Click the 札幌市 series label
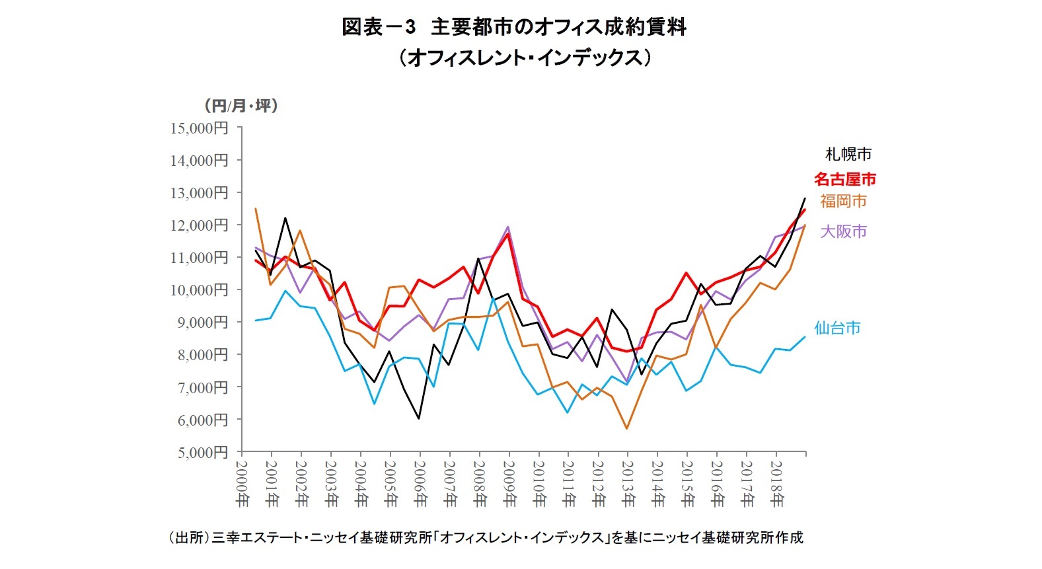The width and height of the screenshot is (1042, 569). (848, 155)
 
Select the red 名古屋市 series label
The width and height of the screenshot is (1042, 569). (844, 179)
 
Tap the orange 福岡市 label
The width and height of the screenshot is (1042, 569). (843, 201)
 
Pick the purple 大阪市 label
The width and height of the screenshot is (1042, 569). (843, 231)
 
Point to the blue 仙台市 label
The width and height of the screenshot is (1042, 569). (837, 328)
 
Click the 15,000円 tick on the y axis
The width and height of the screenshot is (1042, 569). (199, 128)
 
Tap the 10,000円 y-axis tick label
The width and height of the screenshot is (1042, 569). (199, 290)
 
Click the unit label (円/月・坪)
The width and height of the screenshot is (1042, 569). (241, 106)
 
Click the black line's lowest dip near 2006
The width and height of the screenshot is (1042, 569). (419, 418)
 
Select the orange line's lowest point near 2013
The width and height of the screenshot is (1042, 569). (626, 428)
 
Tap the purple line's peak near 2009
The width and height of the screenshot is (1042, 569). (508, 227)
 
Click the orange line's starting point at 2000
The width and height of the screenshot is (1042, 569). (256, 209)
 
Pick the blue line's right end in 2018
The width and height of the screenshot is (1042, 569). (805, 336)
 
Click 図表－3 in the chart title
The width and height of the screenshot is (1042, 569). (378, 27)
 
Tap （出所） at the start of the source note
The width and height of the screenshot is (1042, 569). (188, 538)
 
